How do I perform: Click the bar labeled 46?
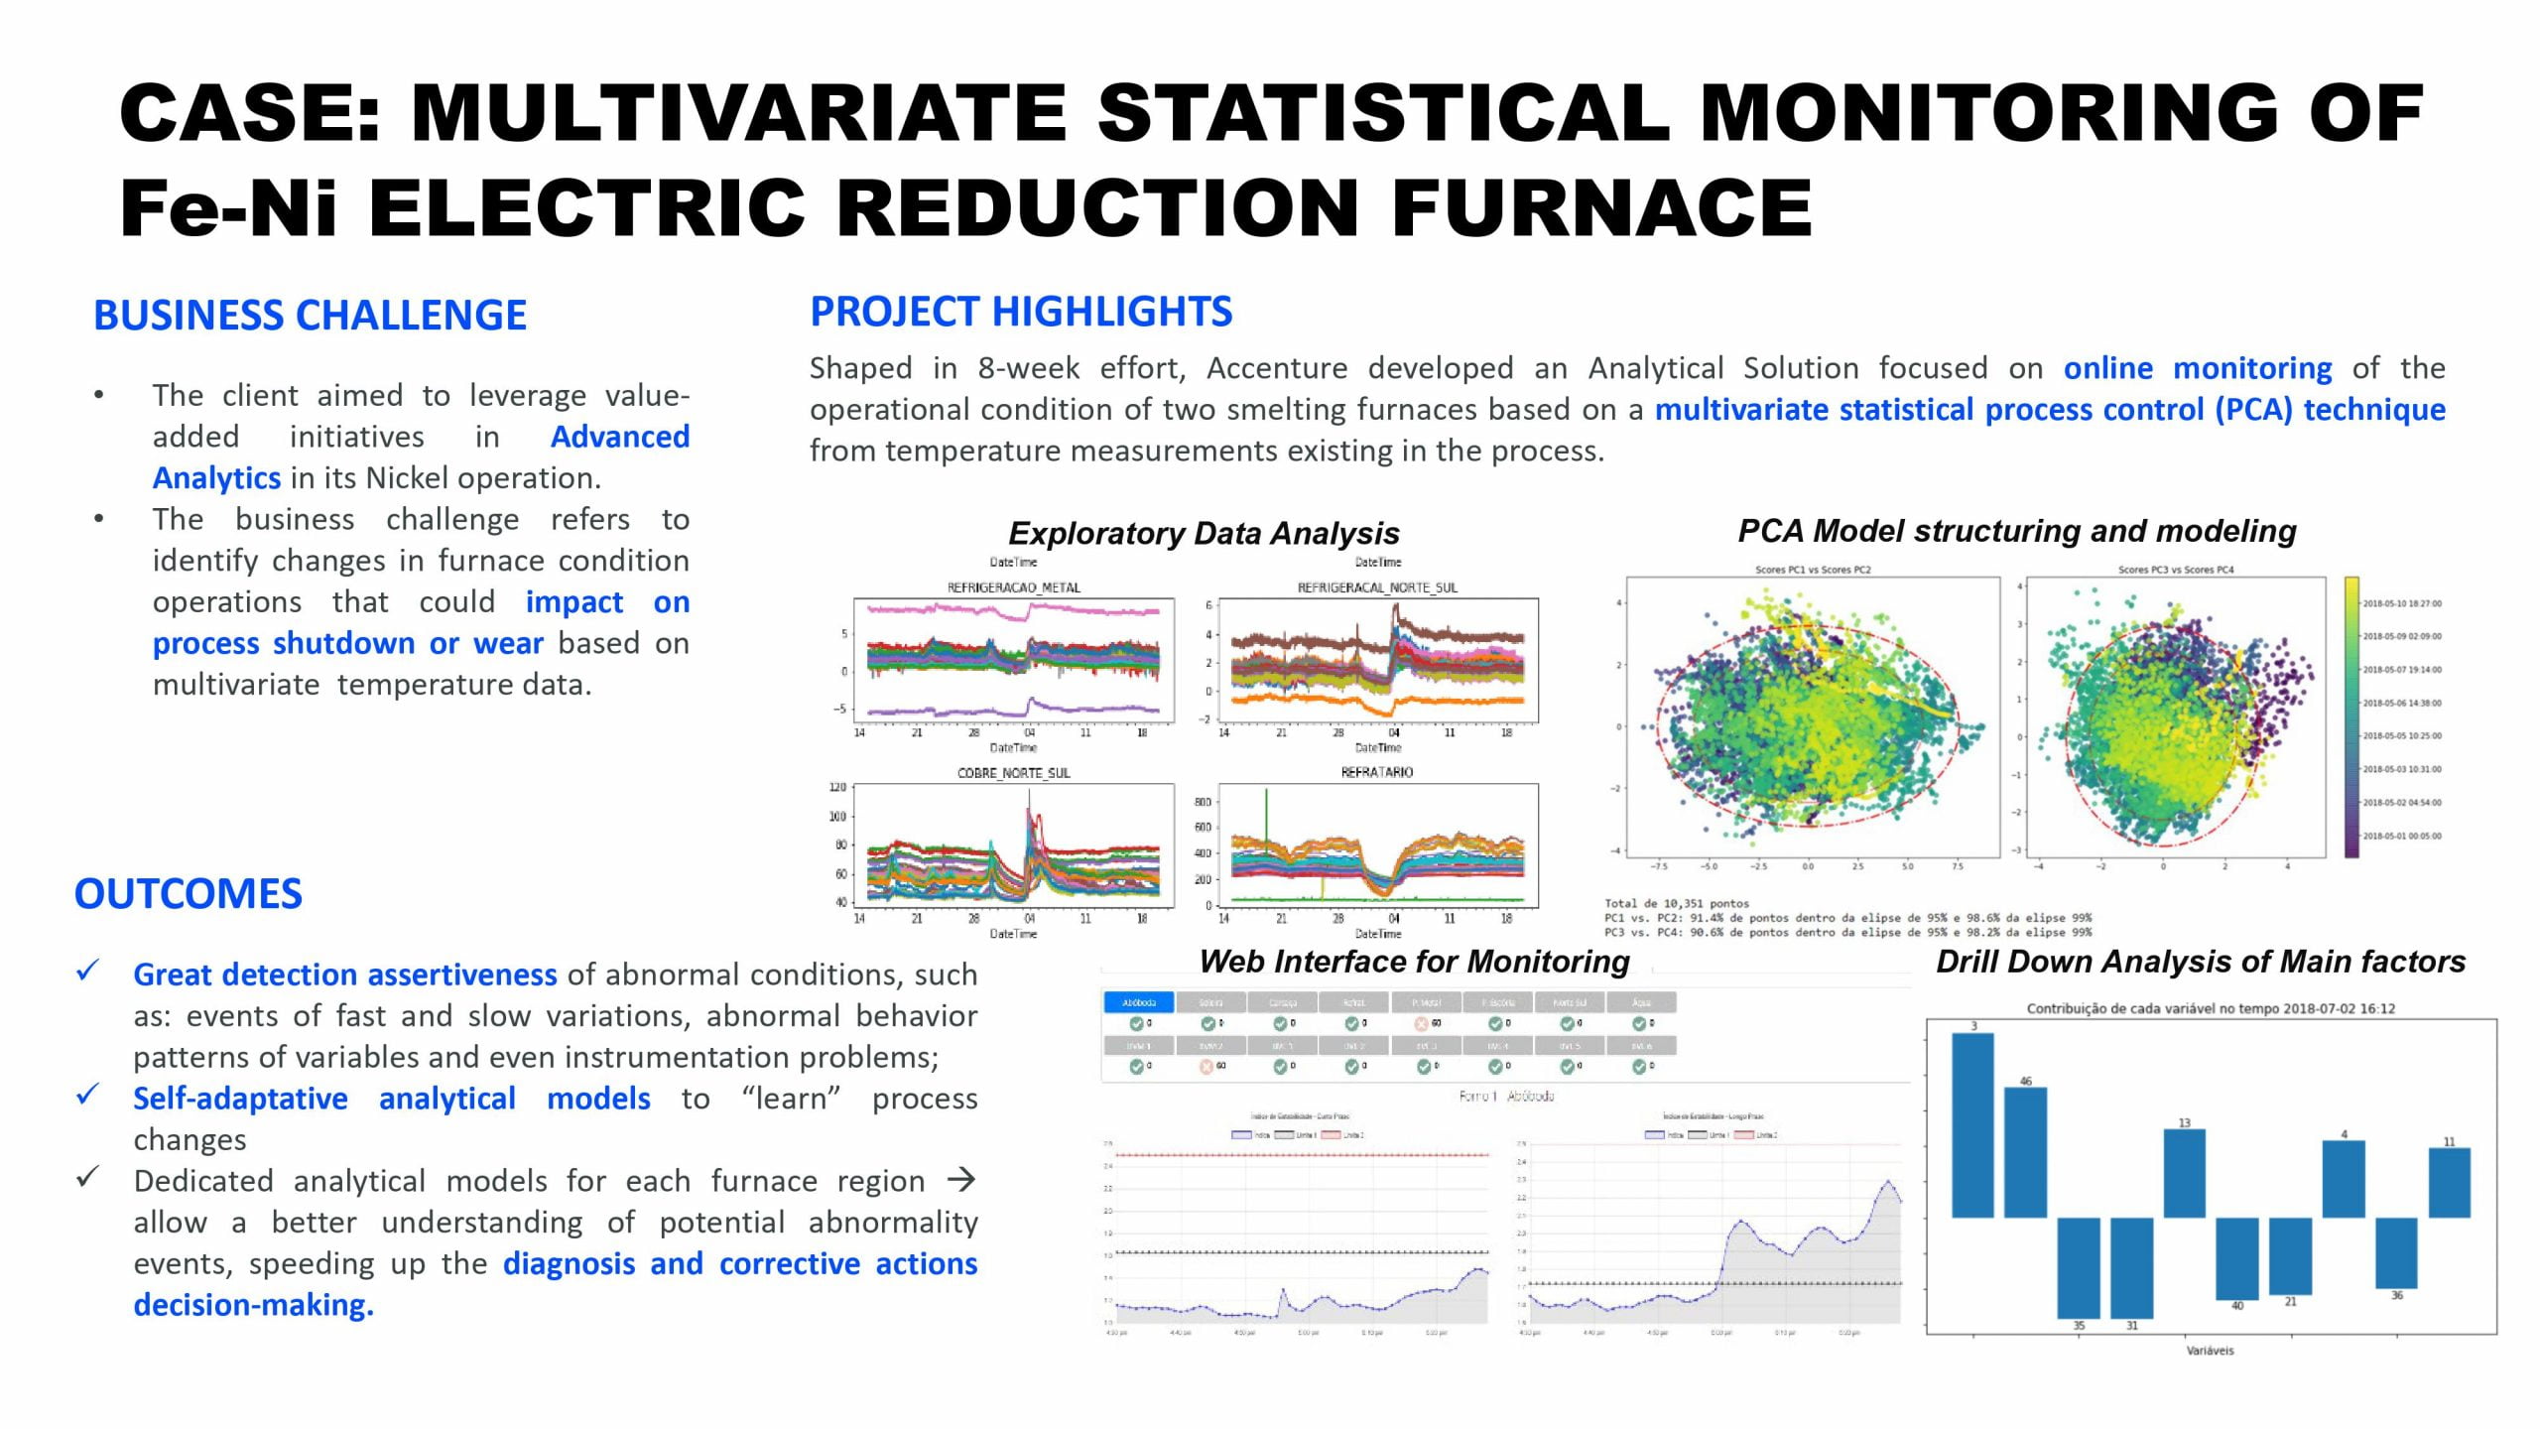[x=2025, y=1151]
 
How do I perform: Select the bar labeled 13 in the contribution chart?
[x=2184, y=1173]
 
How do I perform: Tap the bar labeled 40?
[x=2236, y=1257]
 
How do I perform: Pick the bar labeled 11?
[x=2449, y=1182]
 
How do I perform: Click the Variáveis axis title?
[x=2210, y=1351]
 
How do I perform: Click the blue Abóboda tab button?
[x=1138, y=1002]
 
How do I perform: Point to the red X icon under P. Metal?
[x=1421, y=1023]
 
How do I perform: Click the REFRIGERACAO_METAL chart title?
[x=1013, y=587]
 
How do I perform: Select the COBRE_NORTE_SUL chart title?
[x=1013, y=773]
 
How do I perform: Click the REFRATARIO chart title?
[x=1377, y=772]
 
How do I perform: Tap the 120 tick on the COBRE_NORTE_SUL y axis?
[x=837, y=788]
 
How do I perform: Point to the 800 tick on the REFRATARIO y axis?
[x=1203, y=802]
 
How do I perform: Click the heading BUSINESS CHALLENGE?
[x=310, y=316]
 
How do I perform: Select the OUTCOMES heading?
[x=189, y=894]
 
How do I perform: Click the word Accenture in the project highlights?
[x=1277, y=368]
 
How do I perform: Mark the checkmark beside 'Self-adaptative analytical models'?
[x=88, y=1095]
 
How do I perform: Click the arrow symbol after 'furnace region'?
[x=960, y=1180]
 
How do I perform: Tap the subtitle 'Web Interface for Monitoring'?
[x=1414, y=962]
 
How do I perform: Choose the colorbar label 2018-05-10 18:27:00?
[x=2402, y=603]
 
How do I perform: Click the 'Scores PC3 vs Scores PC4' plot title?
[x=2176, y=570]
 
